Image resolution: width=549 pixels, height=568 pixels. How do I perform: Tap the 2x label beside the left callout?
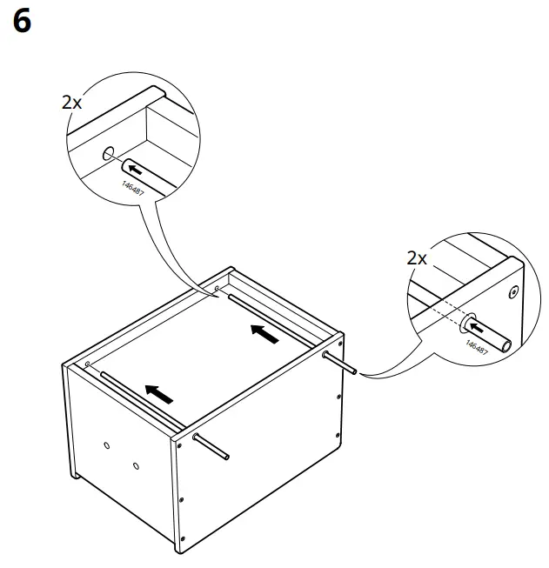(71, 102)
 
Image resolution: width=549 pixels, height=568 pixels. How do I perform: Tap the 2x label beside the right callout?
(417, 257)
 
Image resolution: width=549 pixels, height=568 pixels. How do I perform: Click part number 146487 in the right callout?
(476, 345)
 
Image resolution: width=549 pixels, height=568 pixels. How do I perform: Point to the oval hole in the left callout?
(108, 155)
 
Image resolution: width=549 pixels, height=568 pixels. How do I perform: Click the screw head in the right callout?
(512, 292)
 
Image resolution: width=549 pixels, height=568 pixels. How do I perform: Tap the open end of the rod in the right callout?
(505, 345)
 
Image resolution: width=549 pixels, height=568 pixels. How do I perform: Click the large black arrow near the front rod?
(158, 394)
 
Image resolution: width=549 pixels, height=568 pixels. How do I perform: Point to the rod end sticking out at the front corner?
(224, 455)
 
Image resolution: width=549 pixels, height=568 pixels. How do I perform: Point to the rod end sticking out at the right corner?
(352, 372)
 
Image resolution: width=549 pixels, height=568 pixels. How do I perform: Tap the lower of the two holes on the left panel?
(137, 467)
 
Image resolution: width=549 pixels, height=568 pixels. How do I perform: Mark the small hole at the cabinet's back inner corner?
(217, 287)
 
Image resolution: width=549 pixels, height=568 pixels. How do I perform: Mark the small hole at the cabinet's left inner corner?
(89, 363)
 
